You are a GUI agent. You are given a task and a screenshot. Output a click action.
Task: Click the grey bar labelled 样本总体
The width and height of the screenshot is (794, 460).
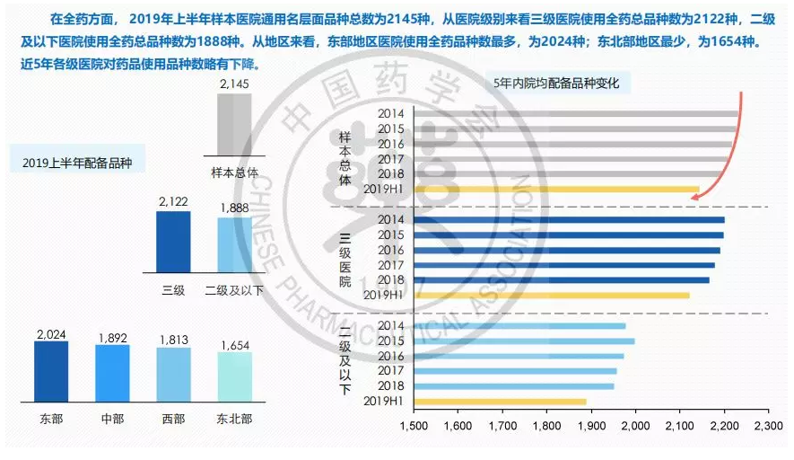[234, 125]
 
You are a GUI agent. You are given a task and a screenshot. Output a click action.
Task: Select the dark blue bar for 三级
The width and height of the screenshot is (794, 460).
[173, 242]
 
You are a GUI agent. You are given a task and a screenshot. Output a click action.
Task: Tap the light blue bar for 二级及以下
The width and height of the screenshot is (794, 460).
[234, 244]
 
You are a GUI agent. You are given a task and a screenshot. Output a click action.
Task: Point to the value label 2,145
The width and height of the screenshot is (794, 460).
[234, 84]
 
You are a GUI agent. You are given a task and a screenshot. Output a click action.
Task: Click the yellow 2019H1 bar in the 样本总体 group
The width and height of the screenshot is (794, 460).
[556, 190]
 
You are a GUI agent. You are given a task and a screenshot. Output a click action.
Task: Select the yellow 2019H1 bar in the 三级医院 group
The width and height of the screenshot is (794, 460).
[552, 295]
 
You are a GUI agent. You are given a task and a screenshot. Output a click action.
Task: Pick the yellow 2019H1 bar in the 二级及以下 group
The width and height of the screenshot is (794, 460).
[500, 401]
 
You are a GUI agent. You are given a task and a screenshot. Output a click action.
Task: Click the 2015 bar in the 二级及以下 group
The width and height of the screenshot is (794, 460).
[524, 341]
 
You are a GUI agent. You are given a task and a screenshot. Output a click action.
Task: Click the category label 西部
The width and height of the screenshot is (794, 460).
[173, 420]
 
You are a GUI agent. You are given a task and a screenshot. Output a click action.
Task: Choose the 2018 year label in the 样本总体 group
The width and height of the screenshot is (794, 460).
[391, 174]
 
